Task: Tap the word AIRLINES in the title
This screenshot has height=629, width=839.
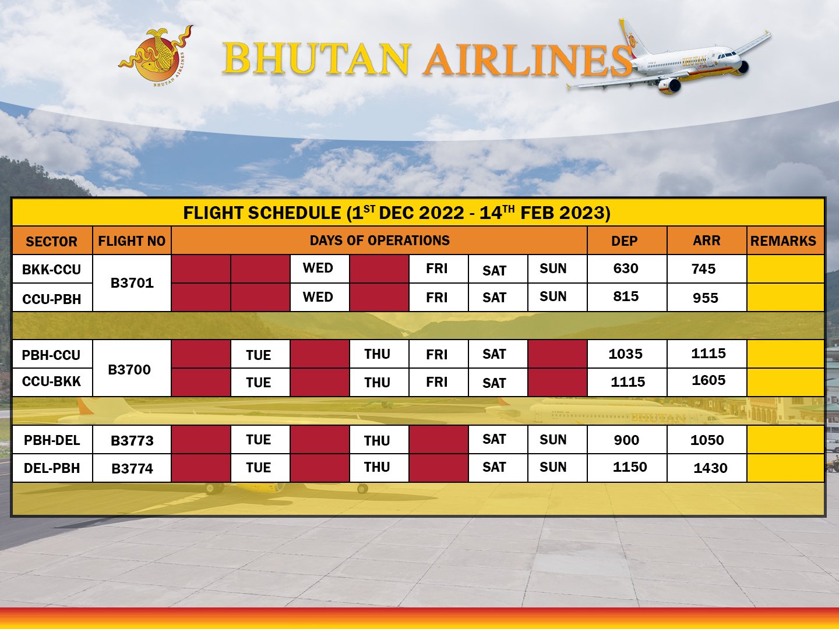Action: pos(527,59)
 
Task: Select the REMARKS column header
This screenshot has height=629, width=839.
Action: pos(783,241)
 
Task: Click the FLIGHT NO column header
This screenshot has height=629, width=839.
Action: pos(132,241)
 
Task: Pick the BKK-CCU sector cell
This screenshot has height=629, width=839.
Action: pos(52,270)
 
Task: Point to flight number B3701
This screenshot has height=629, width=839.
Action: pos(132,283)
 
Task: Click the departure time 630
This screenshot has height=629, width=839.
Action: pos(626,268)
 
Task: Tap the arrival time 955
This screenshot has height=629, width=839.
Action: pos(706,298)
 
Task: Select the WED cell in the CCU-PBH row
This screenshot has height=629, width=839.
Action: pos(318,297)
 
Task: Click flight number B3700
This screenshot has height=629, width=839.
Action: pos(129,370)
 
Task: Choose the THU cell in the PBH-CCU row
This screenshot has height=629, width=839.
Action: pos(378,355)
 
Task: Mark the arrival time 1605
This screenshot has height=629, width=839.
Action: pos(708,380)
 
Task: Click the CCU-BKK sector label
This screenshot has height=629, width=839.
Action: pos(52,381)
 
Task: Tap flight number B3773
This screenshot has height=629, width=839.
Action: pos(132,441)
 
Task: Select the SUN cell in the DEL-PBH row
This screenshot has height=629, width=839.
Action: pos(553,467)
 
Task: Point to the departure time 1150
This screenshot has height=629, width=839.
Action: pos(630,467)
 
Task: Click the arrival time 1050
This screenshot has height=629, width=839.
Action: pos(707,440)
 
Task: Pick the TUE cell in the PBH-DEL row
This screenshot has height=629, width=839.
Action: pos(258,440)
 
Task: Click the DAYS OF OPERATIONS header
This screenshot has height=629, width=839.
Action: pos(379,241)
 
